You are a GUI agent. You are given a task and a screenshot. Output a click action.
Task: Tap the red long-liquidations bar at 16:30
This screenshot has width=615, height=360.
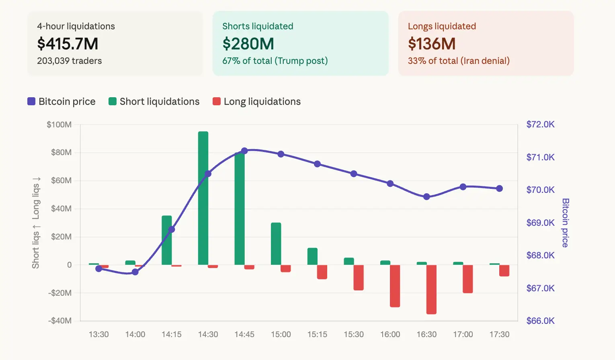click(x=431, y=289)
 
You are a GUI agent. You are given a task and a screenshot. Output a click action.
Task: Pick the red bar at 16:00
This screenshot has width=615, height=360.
click(x=395, y=286)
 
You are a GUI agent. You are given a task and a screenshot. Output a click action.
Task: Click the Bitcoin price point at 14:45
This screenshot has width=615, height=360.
click(x=244, y=151)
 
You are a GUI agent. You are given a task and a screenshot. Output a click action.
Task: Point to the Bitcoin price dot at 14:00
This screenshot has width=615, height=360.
click(x=135, y=272)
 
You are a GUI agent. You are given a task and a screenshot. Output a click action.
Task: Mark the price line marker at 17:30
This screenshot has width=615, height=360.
click(x=499, y=188)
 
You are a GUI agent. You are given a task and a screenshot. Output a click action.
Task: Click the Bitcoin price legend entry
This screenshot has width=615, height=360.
click(x=61, y=102)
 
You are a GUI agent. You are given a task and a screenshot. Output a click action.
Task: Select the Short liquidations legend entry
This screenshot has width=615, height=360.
click(x=154, y=102)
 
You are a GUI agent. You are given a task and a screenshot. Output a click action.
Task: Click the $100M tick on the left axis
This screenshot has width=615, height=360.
click(x=59, y=125)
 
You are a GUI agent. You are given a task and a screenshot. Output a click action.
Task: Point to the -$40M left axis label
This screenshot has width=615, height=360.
click(x=60, y=321)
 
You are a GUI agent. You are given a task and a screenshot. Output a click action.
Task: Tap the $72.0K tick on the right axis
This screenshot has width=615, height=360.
click(x=540, y=125)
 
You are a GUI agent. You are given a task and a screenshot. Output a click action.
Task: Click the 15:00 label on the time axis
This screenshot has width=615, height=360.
click(x=281, y=334)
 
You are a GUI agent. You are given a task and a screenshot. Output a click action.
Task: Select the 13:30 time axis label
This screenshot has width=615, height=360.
click(x=98, y=334)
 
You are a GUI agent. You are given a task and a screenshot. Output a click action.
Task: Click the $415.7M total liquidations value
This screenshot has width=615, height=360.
click(x=68, y=44)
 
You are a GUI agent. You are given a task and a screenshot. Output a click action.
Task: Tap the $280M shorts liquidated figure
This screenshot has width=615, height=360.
click(x=248, y=44)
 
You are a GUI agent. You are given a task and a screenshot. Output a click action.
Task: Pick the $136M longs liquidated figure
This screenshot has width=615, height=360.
click(x=432, y=44)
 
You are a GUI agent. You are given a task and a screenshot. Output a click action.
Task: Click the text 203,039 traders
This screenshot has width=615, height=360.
click(x=69, y=61)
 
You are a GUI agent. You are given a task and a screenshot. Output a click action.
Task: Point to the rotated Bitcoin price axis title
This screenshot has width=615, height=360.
click(x=565, y=223)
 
